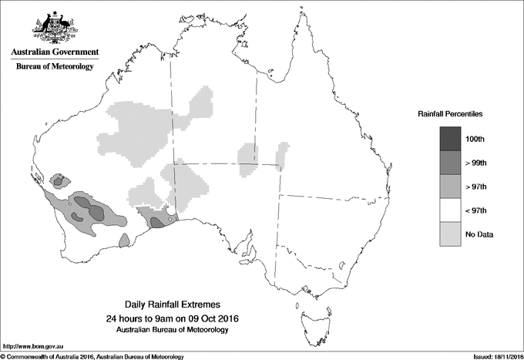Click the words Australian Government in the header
click(x=55, y=52)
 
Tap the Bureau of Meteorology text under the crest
click(x=55, y=67)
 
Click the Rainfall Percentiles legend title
click(x=450, y=114)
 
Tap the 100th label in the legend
click(x=475, y=139)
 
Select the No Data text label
click(x=479, y=234)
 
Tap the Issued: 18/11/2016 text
click(x=494, y=356)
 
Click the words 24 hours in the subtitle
click(x=123, y=318)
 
